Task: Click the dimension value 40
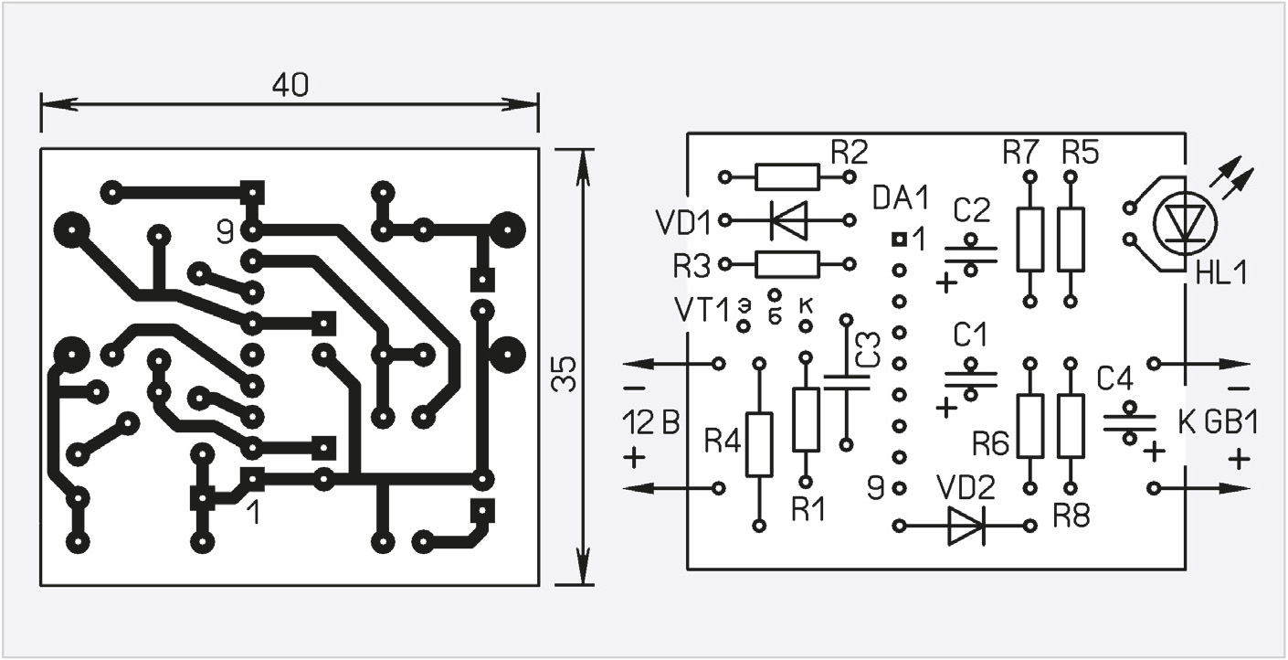tap(290, 85)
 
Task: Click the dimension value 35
tap(564, 375)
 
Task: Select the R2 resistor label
tap(850, 153)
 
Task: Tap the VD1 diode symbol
tap(788, 219)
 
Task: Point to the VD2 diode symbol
tap(966, 526)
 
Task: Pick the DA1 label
tap(901, 199)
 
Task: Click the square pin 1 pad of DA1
tap(899, 239)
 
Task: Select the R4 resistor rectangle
tap(759, 444)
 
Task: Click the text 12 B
tap(651, 423)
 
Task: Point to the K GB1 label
tap(1218, 423)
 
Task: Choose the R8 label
tap(1072, 516)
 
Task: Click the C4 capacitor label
tap(1114, 379)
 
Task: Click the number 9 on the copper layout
tap(225, 232)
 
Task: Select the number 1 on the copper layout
tap(253, 513)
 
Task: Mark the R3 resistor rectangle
tap(787, 264)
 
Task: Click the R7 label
tap(1020, 153)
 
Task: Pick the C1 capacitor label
tap(969, 335)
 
